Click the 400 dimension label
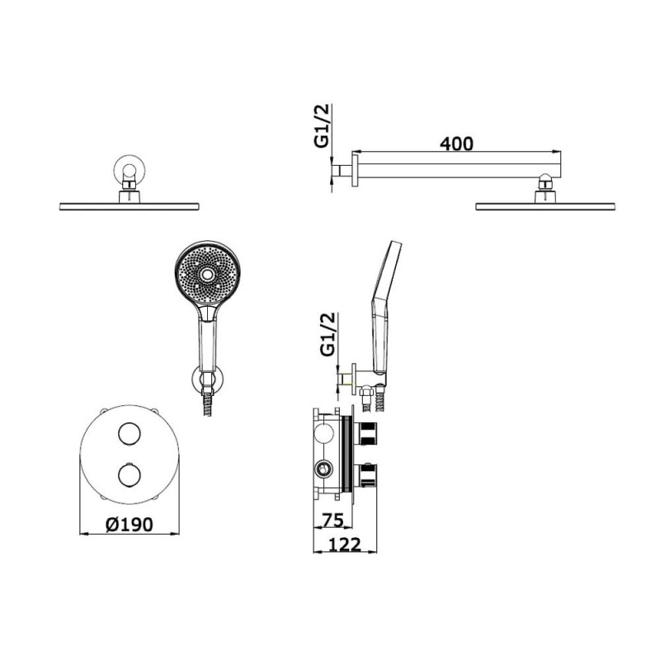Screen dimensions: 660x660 click(x=456, y=144)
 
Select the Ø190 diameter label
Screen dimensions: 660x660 click(x=130, y=525)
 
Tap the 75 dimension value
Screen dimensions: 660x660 click(x=332, y=521)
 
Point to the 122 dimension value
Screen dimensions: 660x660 click(x=344, y=544)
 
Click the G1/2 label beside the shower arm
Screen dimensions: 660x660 click(x=321, y=126)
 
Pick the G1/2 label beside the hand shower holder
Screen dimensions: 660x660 click(x=328, y=334)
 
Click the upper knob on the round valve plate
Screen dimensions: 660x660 click(x=130, y=434)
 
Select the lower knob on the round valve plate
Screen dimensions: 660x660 click(x=130, y=475)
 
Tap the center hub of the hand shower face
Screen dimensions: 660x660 click(x=207, y=275)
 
